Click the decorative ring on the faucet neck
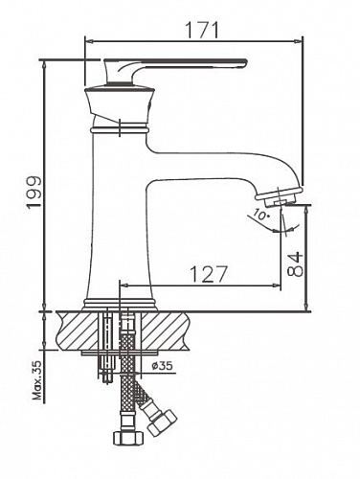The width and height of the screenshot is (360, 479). (119, 126)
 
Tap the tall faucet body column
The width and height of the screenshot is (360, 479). (120, 211)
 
